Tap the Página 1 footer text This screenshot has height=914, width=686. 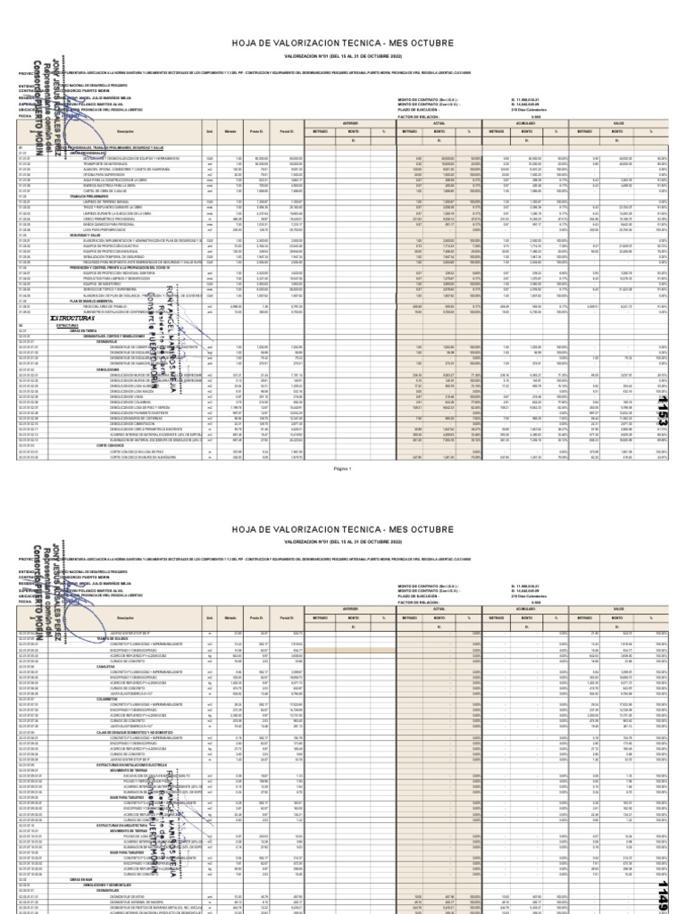tap(343, 492)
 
